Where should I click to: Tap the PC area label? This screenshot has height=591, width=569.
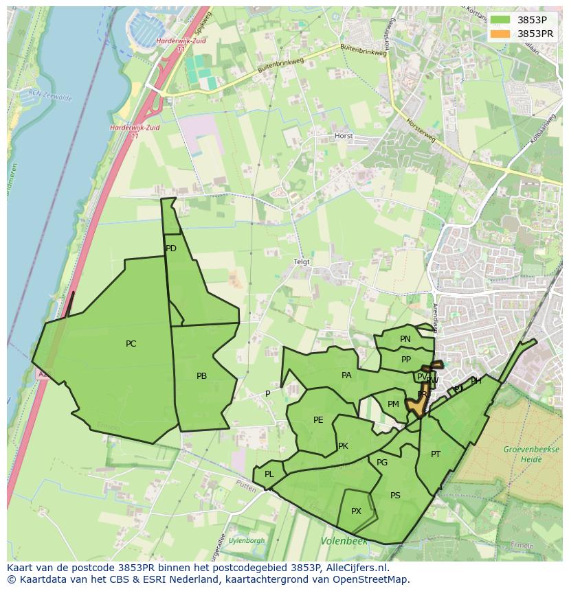[131, 344]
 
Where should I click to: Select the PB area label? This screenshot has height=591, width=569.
[201, 376]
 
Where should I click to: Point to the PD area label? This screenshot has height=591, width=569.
[171, 248]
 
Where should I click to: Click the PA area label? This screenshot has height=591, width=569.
[346, 375]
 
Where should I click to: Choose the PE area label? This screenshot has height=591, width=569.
[318, 420]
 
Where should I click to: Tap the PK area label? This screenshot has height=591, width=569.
[343, 446]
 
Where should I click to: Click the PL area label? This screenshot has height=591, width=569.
[269, 474]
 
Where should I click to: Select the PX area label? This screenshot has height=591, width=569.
[356, 511]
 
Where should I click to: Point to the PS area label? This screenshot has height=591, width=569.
[395, 496]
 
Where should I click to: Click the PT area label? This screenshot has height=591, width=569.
[436, 454]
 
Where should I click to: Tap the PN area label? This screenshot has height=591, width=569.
[405, 339]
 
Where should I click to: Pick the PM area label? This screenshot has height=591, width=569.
[393, 404]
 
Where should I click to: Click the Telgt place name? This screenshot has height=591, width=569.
[302, 262]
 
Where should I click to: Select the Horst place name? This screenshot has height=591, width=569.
[344, 136]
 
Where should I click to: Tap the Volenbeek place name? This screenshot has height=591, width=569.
[344, 542]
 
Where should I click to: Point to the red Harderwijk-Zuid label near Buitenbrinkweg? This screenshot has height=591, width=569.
[178, 45]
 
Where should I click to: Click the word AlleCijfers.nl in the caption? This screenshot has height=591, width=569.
[356, 568]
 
